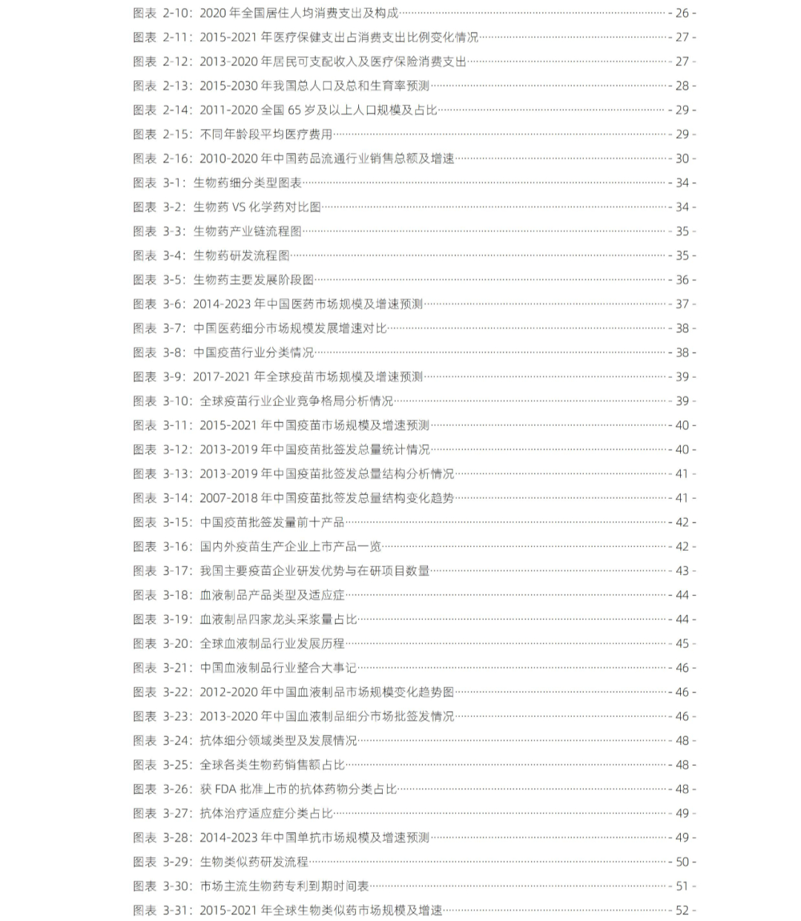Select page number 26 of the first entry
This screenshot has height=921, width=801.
coord(682,13)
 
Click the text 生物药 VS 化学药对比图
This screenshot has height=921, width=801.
coord(257,207)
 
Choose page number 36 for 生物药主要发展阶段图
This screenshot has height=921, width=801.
coord(682,280)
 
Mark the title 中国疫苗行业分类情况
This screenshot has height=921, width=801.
coord(254,353)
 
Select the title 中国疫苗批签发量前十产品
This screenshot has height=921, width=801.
coord(272,522)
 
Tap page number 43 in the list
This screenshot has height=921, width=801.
coord(682,571)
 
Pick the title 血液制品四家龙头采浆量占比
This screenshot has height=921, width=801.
coord(278,619)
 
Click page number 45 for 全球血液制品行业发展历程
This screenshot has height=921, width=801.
coord(682,643)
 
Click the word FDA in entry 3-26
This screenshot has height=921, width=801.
coord(225,789)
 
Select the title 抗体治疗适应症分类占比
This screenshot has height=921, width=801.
coord(266,813)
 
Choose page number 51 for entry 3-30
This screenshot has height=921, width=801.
coord(682,886)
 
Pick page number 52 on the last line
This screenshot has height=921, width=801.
coord(682,910)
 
